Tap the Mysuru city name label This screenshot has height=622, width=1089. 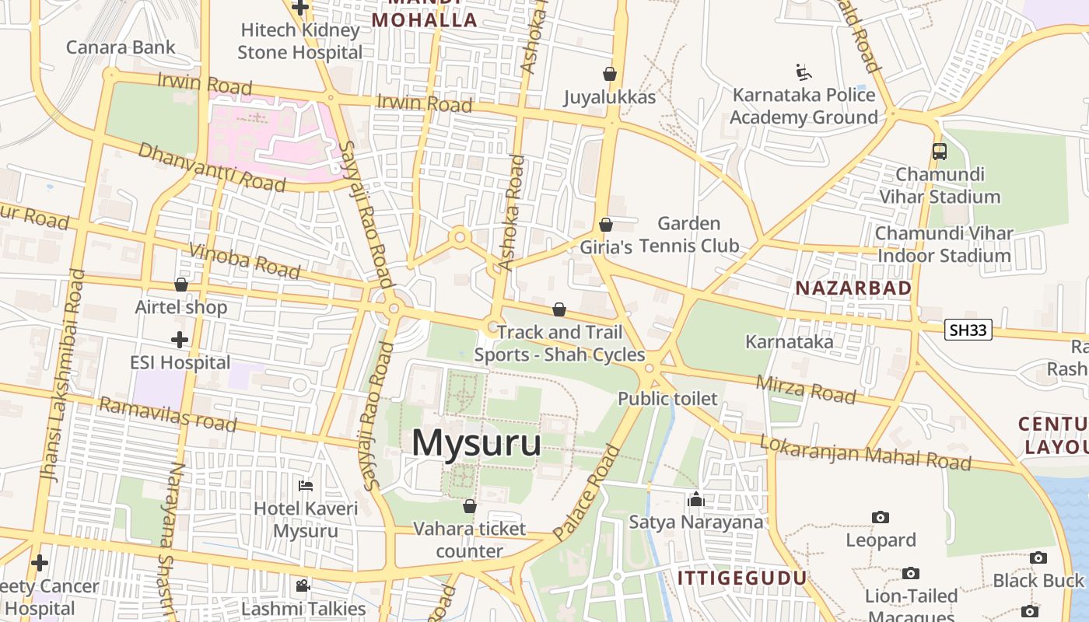click(476, 443)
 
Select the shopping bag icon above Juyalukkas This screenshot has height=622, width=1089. click(610, 74)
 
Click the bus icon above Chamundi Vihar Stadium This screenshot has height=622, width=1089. click(939, 152)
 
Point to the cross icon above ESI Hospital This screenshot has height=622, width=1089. click(180, 340)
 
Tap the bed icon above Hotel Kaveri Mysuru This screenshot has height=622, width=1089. click(306, 486)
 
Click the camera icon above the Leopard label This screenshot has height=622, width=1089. click(881, 517)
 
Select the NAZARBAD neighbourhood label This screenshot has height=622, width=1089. click(853, 288)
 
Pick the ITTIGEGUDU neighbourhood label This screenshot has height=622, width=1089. click(742, 578)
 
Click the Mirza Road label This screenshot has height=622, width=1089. click(806, 387)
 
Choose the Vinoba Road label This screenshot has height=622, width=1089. click(244, 260)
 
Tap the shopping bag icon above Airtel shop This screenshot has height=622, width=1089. click(181, 285)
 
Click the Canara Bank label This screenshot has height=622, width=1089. click(121, 47)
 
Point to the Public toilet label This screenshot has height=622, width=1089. click(667, 399)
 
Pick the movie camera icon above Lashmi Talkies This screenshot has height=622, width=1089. click(303, 585)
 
